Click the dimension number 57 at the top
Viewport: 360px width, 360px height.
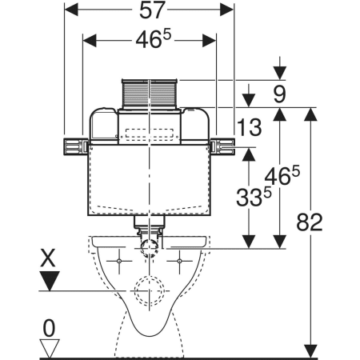[x=152, y=10]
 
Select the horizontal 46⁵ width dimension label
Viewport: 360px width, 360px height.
[x=153, y=39]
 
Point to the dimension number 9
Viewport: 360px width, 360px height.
[x=279, y=94]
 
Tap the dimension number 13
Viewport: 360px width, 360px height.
[x=250, y=127]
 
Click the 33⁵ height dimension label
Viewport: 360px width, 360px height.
[x=254, y=197]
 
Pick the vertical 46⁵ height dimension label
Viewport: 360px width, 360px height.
[x=282, y=175]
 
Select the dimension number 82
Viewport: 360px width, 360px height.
[x=310, y=222]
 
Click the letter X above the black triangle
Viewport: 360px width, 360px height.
[x=48, y=258]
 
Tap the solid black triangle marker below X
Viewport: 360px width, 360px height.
[x=50, y=281]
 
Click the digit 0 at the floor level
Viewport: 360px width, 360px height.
[x=49, y=329]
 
